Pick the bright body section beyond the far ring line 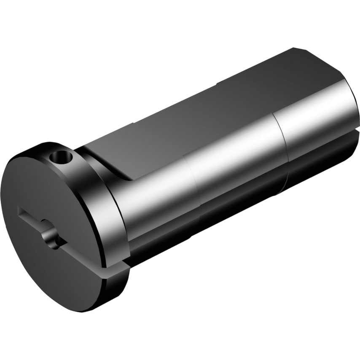pos(316,118)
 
